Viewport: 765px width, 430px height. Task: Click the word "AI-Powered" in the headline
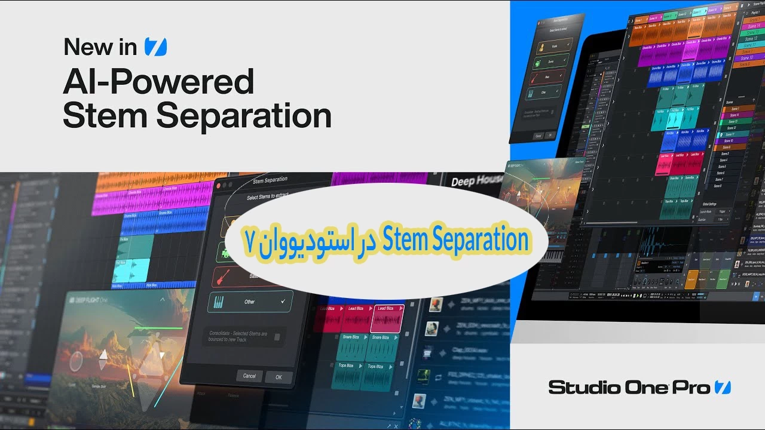pos(158,82)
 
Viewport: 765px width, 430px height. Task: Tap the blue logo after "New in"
pos(155,47)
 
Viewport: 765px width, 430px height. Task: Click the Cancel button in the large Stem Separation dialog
pos(249,376)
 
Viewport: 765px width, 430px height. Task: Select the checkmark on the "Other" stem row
pos(283,302)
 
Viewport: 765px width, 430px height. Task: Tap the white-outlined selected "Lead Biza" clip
pos(387,318)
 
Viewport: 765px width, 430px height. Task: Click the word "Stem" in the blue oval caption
pos(408,240)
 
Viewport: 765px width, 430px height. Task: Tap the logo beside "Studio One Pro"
pos(723,387)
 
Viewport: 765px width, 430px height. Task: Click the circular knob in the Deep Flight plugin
pos(76,361)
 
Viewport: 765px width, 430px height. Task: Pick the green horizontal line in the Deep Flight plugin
pos(158,328)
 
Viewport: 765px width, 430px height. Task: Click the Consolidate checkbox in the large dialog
pos(277,337)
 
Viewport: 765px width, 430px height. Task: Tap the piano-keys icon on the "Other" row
pos(219,302)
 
